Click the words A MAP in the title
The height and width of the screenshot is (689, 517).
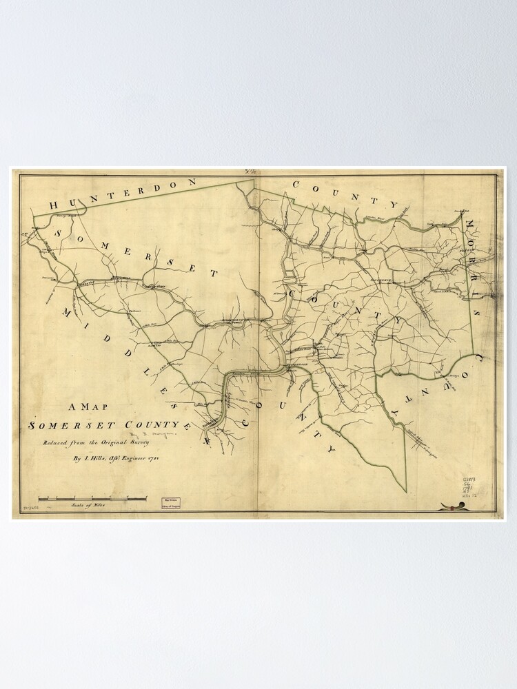coord(87,407)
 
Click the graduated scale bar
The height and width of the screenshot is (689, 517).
coord(92,497)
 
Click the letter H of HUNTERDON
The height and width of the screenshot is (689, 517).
coord(54,205)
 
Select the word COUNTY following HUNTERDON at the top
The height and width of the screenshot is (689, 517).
coord(345,193)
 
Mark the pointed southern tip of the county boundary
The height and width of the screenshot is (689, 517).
coord(406,491)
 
